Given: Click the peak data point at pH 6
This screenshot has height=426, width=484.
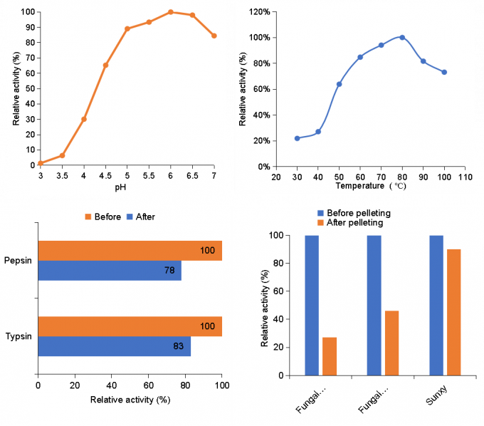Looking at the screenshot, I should (171, 12).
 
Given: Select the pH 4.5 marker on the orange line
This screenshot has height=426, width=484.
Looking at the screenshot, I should (106, 66).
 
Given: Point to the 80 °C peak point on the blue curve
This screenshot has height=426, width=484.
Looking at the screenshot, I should (402, 37).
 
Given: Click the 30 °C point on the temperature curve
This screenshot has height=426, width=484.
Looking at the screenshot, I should (297, 138).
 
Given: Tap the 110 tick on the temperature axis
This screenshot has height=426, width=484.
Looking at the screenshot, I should (465, 176).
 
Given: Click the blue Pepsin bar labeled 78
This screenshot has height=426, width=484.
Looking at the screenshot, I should (110, 271).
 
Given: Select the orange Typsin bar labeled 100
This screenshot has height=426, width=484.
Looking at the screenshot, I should (130, 326).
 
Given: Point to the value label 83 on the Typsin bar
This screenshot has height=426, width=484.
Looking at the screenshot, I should (179, 346).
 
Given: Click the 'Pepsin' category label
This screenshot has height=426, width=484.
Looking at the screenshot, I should (19, 261).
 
